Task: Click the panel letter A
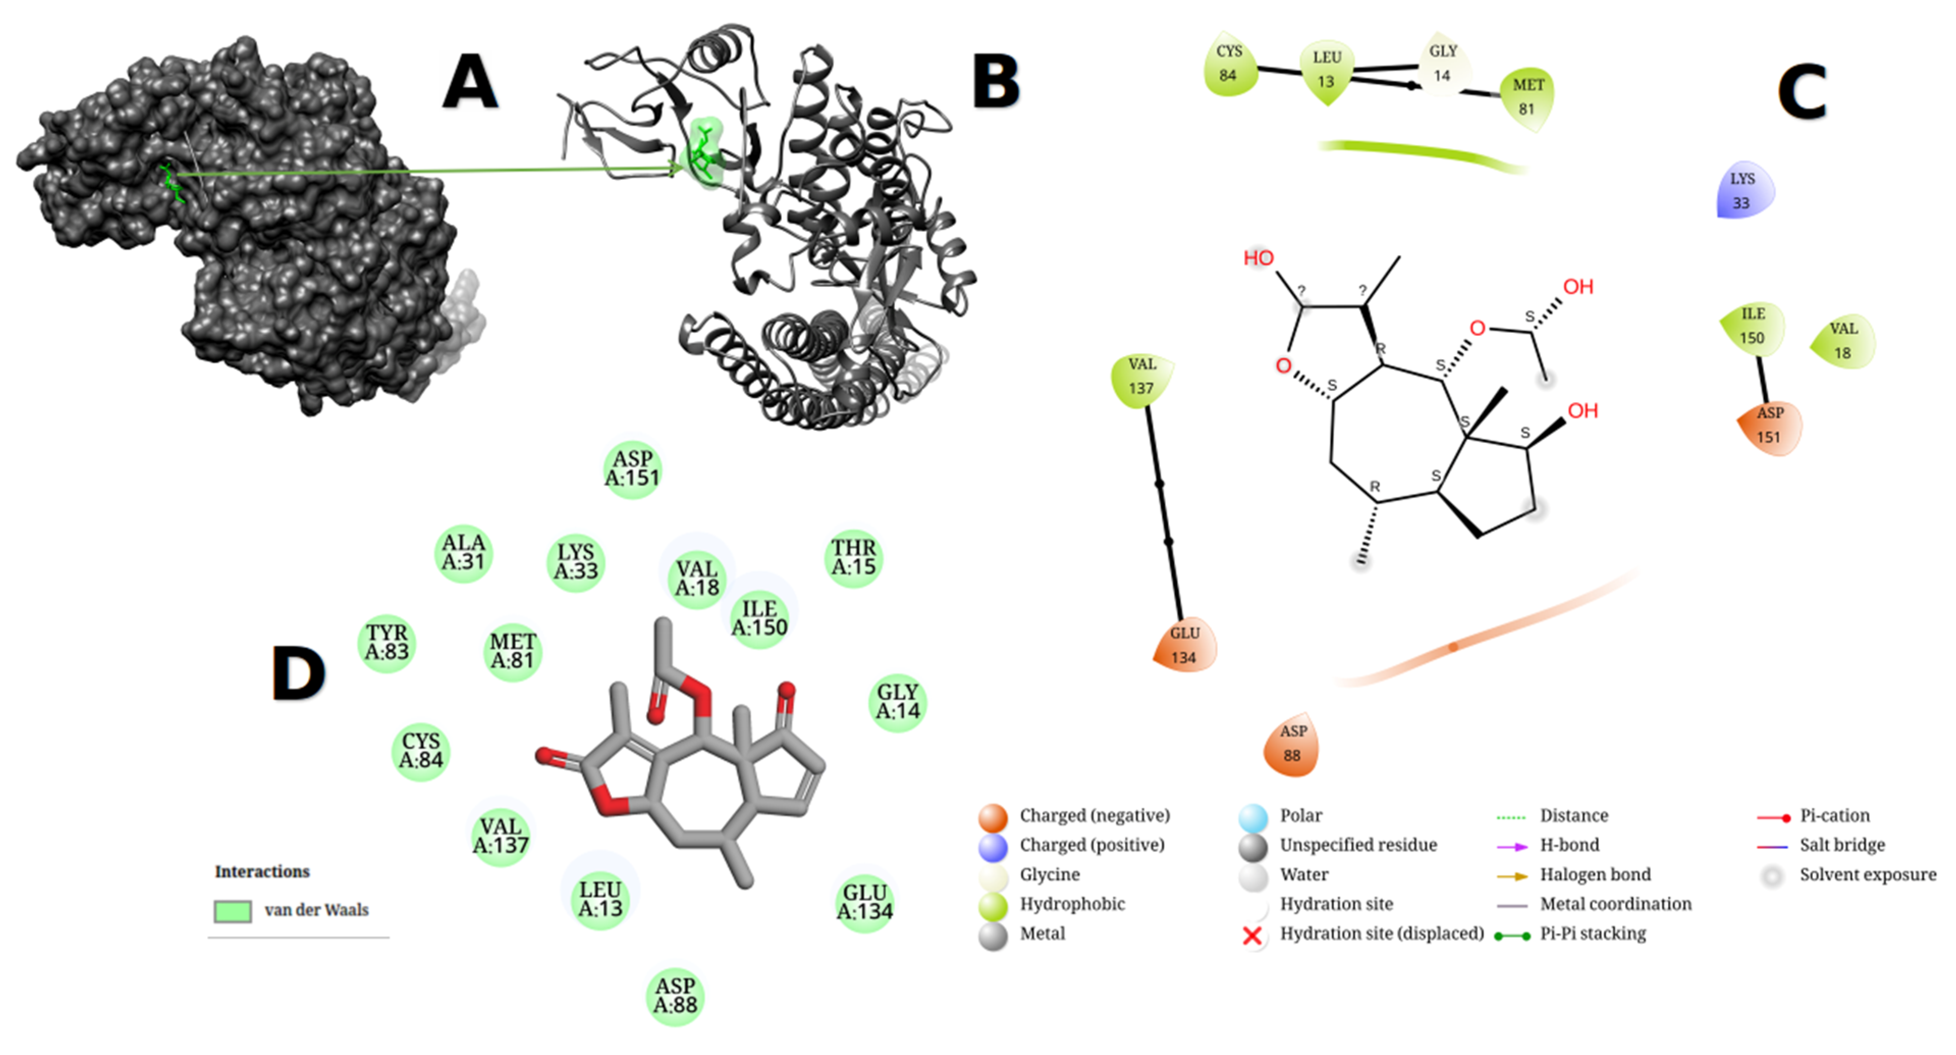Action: pos(470,83)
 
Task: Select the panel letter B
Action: pos(995,83)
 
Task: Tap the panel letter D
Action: pos(298,674)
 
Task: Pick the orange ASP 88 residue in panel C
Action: pos(1292,744)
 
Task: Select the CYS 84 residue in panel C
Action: pos(1229,64)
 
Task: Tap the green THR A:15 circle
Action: pos(854,558)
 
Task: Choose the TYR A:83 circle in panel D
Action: pos(387,643)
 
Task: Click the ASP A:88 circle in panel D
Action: pos(675,996)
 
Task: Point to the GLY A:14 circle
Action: pos(898,702)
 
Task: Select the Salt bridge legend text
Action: pos(1842,845)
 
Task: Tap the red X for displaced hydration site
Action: pos(1252,935)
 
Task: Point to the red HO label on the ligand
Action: pos(1258,258)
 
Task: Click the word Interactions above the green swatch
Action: pos(262,871)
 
